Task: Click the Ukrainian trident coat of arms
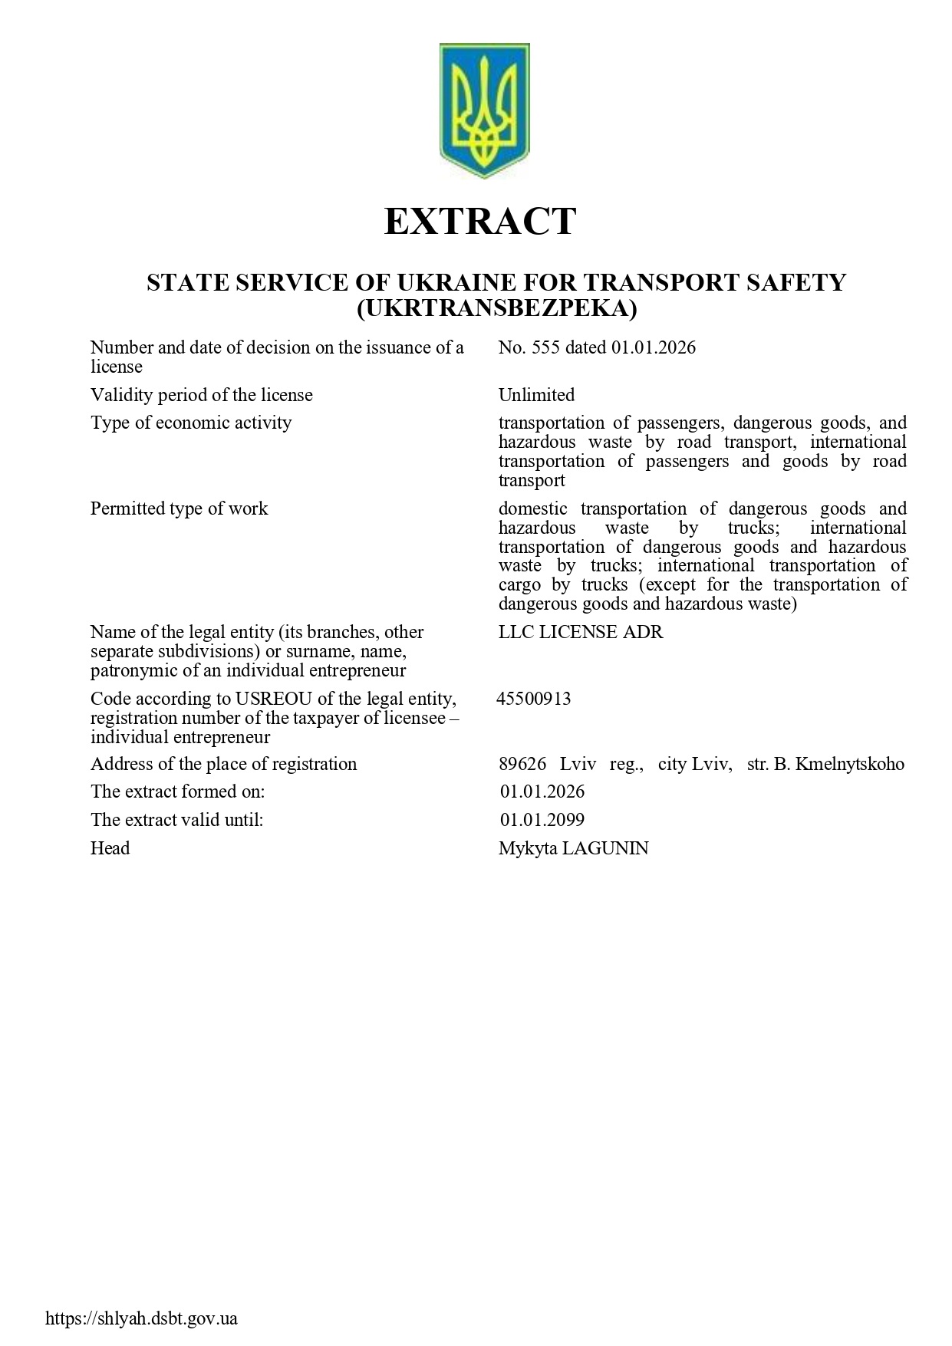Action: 484,110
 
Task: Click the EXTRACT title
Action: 479,222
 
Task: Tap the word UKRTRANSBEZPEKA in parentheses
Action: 497,308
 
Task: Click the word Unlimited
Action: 536,396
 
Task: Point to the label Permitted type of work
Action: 179,509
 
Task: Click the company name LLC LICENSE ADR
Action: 581,633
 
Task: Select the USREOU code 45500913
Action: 534,699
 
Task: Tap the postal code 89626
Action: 522,765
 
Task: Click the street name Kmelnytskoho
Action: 850,765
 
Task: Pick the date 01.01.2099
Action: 542,821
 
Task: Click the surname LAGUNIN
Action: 605,849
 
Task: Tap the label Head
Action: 110,849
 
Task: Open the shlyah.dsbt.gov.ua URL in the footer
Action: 142,1319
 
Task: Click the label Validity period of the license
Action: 202,396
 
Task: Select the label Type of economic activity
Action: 191,423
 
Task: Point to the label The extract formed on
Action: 177,791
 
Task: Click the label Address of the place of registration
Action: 223,765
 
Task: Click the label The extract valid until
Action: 176,821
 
